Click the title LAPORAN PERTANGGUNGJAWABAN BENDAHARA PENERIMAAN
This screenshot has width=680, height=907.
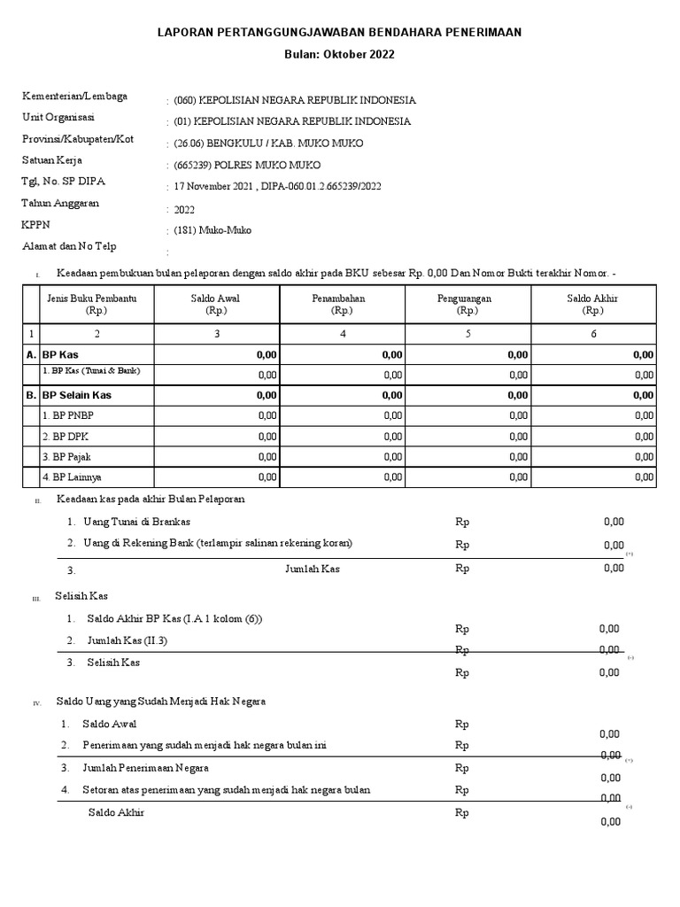click(x=340, y=32)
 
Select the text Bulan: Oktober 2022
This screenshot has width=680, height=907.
click(x=340, y=54)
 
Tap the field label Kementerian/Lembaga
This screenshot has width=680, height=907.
click(x=74, y=97)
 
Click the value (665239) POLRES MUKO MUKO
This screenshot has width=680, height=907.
click(x=247, y=165)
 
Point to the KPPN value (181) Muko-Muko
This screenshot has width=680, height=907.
click(x=212, y=230)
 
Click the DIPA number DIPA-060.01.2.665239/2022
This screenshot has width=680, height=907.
click(x=321, y=187)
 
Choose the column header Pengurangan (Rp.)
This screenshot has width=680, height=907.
click(x=468, y=305)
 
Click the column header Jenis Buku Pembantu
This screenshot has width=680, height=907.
click(x=92, y=298)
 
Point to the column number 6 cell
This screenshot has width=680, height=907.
click(x=593, y=334)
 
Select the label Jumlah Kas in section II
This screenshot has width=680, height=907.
click(x=312, y=569)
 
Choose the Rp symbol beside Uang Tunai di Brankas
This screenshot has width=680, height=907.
click(x=461, y=522)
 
